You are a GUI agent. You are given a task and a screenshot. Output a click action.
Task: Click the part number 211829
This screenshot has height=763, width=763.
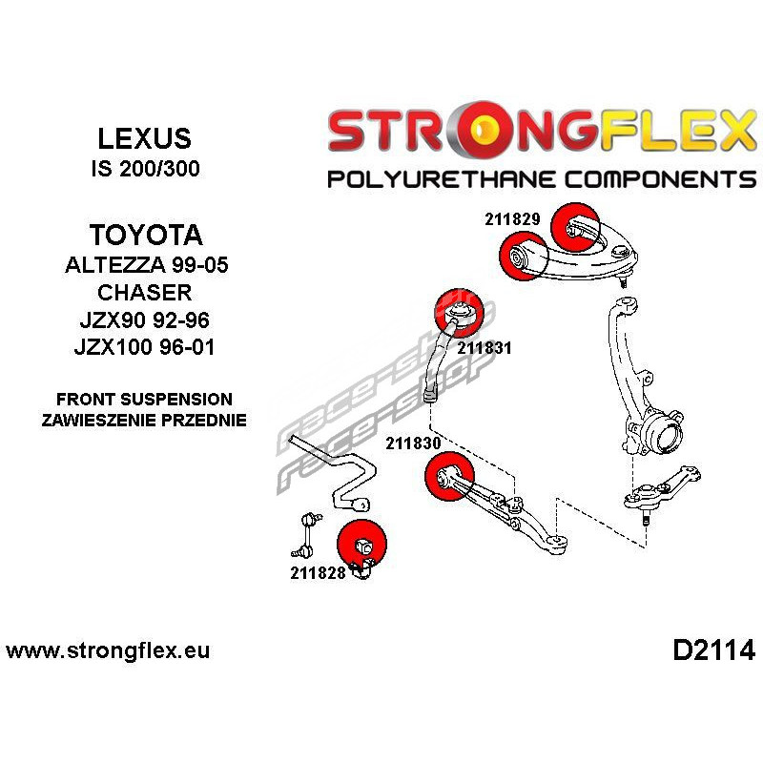click(512, 218)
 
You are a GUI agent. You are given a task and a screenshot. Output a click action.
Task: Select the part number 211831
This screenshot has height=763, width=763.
click(485, 348)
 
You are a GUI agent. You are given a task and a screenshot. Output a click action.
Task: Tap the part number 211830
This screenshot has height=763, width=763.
click(413, 443)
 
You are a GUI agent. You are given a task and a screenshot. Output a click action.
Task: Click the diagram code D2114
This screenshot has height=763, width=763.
click(713, 651)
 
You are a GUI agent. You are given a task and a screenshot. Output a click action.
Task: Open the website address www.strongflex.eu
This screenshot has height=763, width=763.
click(108, 652)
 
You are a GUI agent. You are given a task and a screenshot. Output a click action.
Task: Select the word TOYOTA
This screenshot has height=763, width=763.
click(145, 235)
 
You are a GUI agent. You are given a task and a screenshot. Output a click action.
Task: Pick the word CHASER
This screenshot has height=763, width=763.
click(145, 293)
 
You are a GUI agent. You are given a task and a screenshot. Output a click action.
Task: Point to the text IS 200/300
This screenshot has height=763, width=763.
click(145, 170)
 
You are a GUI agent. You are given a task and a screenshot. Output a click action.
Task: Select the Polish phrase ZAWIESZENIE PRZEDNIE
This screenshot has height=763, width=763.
click(145, 420)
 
